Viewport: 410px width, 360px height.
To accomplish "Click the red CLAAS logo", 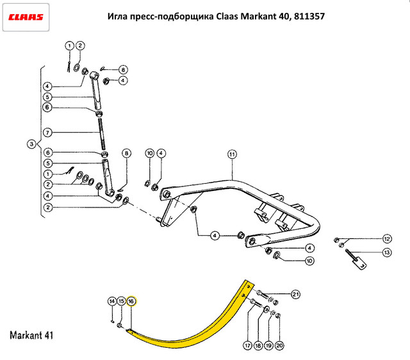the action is pyautogui.click(x=26, y=17).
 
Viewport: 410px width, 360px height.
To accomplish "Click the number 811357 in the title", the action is pyautogui.click(x=309, y=16).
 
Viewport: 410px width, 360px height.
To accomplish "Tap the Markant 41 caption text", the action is pyautogui.click(x=31, y=335).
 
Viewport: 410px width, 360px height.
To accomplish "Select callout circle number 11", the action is pyautogui.click(x=232, y=154).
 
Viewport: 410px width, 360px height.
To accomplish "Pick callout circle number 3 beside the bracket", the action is pyautogui.click(x=31, y=144).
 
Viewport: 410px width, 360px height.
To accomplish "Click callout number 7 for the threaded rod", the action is pyautogui.click(x=47, y=133).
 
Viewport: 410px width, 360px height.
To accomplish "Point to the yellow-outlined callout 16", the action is pyautogui.click(x=131, y=302).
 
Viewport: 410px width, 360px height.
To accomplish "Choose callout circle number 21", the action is pyautogui.click(x=295, y=295).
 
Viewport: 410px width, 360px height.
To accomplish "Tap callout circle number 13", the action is pyautogui.click(x=387, y=252).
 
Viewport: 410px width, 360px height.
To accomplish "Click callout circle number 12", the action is pyautogui.click(x=387, y=239).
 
